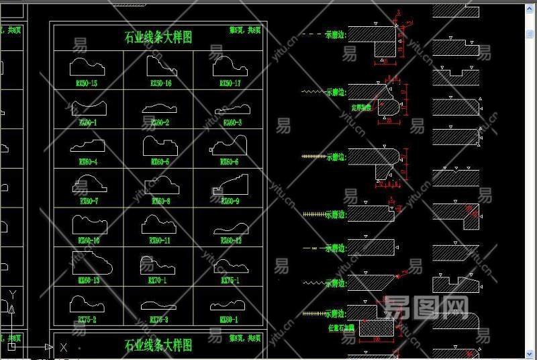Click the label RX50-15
(87, 84)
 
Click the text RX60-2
(160, 123)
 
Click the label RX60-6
(230, 162)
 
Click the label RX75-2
(87, 320)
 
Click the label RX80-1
(230, 320)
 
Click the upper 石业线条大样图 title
(158, 38)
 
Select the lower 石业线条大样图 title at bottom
(158, 345)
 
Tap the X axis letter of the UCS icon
(64, 347)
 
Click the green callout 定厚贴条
(361, 107)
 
